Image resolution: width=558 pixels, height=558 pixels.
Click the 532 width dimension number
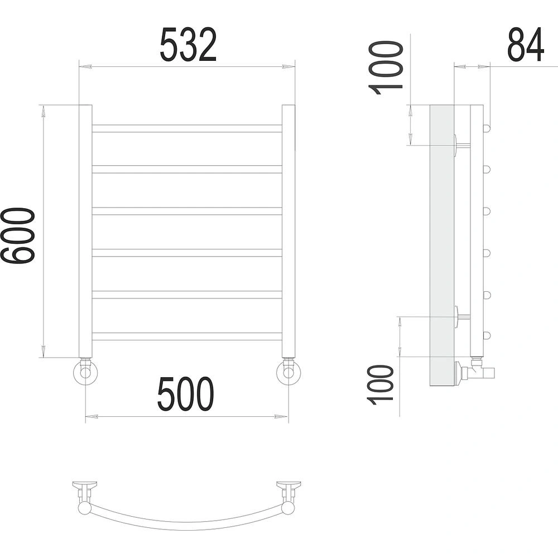pos(188,45)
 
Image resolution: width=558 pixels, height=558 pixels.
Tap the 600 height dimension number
pos(18,236)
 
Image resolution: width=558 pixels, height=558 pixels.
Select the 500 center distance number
pos(186,395)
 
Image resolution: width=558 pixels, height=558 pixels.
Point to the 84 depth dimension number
pos(526,45)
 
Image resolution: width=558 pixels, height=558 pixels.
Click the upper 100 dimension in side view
pos(386,68)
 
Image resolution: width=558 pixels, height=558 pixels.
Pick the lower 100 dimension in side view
pos(381,385)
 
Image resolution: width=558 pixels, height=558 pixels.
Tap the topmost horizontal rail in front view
pos(187,128)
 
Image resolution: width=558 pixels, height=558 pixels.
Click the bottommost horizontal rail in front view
pos(187,336)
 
